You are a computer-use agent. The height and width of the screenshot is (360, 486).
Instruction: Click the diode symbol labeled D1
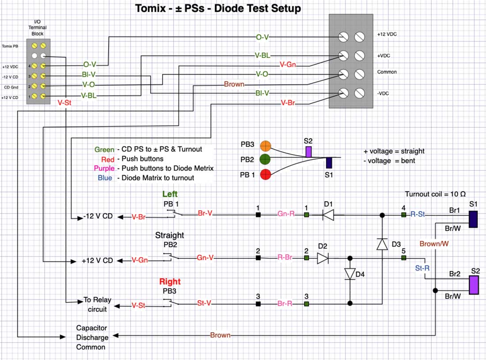click(327, 215)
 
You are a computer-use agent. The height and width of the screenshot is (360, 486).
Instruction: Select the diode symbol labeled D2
click(323, 258)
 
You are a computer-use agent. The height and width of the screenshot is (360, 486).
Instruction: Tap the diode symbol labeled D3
click(382, 244)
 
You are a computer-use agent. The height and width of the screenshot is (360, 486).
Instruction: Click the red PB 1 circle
click(265, 175)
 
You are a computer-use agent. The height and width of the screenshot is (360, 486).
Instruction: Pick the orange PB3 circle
click(265, 146)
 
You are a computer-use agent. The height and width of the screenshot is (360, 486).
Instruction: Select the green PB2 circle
click(265, 160)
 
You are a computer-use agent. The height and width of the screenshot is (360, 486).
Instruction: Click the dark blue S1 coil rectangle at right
click(473, 219)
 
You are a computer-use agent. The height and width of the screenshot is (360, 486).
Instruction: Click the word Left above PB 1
click(170, 194)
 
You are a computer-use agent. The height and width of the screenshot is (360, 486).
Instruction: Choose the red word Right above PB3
click(170, 281)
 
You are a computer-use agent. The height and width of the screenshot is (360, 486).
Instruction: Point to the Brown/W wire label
click(434, 243)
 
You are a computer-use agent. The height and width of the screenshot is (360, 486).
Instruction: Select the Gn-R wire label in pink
click(286, 214)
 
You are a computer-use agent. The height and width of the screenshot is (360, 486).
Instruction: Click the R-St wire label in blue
click(417, 214)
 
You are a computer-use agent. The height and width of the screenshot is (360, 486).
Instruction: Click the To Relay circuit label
click(97, 304)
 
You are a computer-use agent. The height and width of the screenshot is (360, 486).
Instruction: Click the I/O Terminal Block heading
click(38, 27)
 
